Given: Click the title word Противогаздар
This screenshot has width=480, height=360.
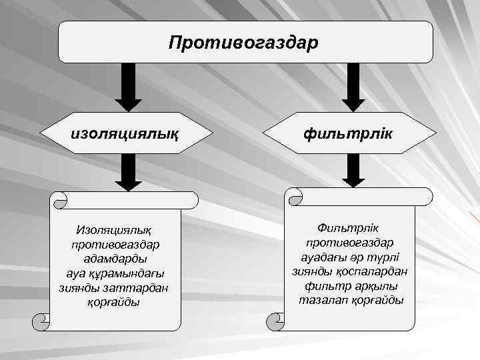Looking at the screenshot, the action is pyautogui.click(x=244, y=43).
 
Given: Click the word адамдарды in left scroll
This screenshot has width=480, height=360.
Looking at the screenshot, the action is pyautogui.click(x=117, y=259).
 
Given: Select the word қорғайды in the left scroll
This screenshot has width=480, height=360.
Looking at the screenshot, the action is pyautogui.click(x=114, y=302).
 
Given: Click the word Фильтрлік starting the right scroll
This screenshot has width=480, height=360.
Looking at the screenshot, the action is pyautogui.click(x=349, y=228).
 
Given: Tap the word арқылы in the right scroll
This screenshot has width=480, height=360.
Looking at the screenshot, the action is pyautogui.click(x=375, y=286).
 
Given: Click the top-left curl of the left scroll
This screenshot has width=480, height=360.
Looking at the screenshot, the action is pyautogui.click(x=60, y=199).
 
